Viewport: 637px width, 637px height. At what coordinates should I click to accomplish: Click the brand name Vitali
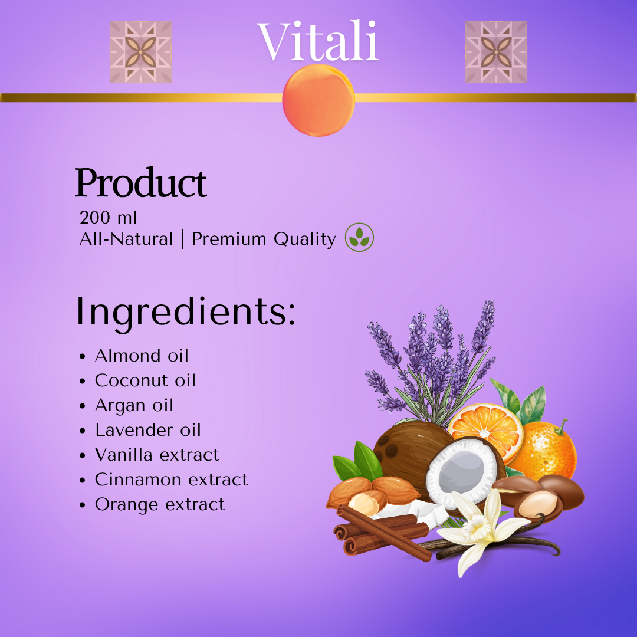318,41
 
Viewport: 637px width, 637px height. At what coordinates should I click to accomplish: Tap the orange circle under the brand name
318,100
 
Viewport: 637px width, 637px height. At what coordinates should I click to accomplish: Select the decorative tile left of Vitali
140,52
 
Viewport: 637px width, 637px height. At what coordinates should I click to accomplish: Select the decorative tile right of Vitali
496,52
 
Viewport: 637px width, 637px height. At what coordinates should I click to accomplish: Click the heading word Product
141,183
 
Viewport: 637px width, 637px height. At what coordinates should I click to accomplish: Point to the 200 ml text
108,217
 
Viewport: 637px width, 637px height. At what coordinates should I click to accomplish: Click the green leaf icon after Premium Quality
359,237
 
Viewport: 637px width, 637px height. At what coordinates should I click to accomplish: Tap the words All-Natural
126,239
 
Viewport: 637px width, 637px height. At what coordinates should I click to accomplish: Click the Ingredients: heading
185,312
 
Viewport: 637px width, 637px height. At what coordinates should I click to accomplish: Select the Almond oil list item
142,356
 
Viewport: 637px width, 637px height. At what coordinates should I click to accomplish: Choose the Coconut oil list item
146,380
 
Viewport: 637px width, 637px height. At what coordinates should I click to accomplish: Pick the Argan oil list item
134,406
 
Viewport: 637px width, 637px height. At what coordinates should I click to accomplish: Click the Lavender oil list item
148,430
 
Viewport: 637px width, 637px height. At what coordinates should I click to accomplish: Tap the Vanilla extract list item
157,455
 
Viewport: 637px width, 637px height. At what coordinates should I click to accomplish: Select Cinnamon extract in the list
172,480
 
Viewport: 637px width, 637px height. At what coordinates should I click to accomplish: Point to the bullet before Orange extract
83,505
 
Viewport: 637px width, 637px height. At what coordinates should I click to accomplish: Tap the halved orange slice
485,431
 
